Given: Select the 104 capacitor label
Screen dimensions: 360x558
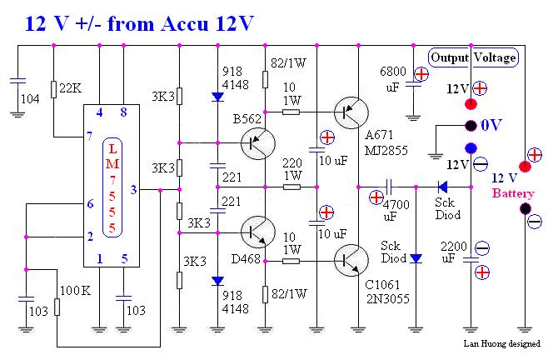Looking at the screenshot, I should click(x=29, y=98).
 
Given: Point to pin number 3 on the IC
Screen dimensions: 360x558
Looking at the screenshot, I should click(x=134, y=191).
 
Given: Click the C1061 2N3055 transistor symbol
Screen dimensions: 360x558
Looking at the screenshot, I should click(x=349, y=260).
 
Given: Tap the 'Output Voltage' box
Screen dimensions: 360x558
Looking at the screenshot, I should click(x=473, y=57).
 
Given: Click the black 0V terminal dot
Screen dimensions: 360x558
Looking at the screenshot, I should click(x=471, y=126).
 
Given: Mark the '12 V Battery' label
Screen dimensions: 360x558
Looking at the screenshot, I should click(x=510, y=185).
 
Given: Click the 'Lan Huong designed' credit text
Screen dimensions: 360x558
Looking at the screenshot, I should click(x=502, y=343).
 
